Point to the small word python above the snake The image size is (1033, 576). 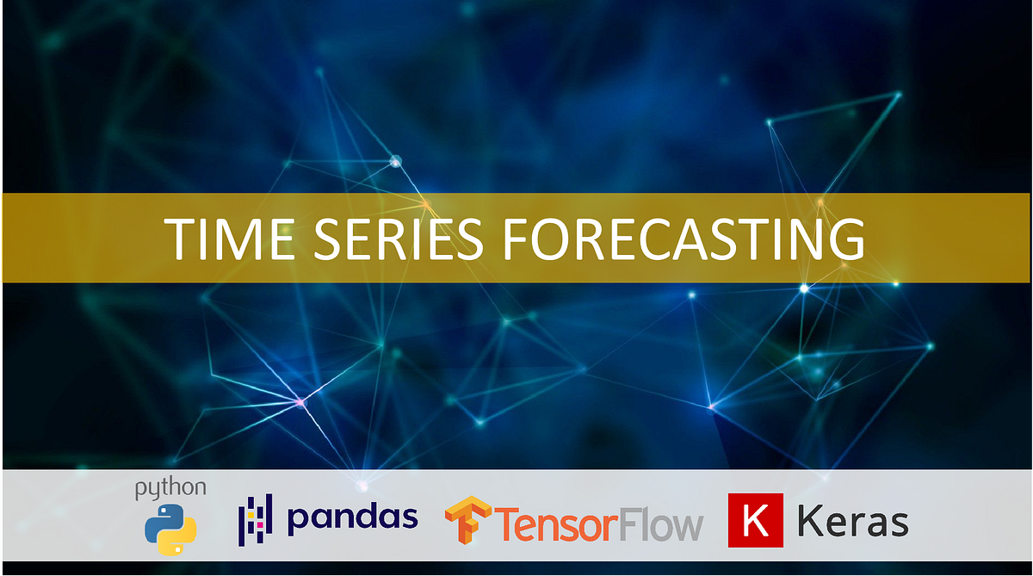point(170,487)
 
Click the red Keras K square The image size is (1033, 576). point(755,520)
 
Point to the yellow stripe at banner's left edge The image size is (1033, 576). point(2,238)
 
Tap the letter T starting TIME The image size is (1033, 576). point(177,238)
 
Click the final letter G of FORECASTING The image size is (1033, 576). point(847,238)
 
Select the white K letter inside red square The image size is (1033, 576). point(755,521)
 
